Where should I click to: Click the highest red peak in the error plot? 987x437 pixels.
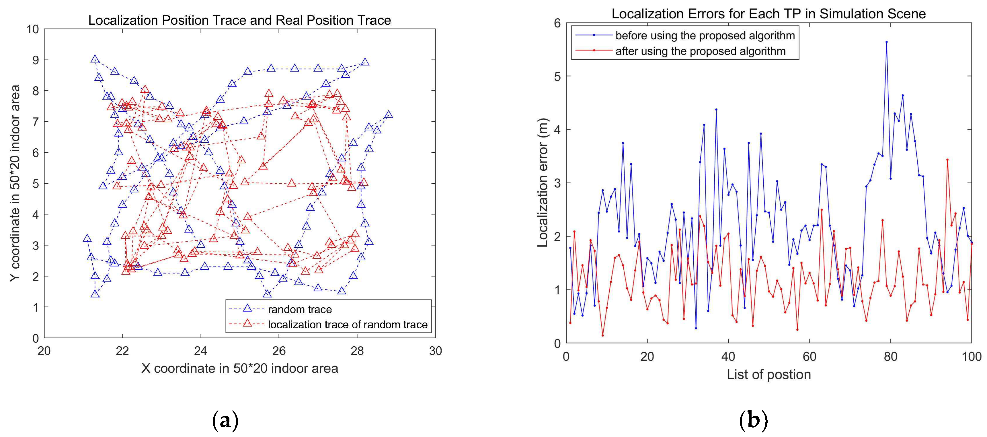(x=947, y=160)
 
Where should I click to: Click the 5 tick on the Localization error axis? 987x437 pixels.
(x=557, y=76)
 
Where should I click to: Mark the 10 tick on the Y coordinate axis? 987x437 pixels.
(x=33, y=29)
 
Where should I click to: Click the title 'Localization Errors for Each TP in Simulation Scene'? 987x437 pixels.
(x=768, y=14)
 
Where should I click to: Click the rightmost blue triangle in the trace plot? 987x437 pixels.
(x=389, y=114)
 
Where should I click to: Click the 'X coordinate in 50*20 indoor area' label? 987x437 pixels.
(x=239, y=368)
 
